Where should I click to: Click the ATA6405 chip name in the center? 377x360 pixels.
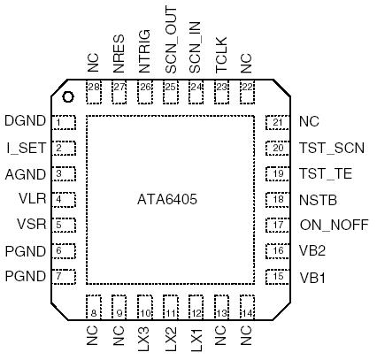(167, 200)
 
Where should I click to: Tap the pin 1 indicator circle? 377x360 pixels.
(66, 96)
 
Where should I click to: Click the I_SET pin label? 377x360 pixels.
(24, 148)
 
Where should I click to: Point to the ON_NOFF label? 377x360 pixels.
(332, 225)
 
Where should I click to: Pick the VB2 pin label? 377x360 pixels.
(312, 251)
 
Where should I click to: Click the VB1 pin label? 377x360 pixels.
(312, 277)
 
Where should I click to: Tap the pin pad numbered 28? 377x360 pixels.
(94, 87)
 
